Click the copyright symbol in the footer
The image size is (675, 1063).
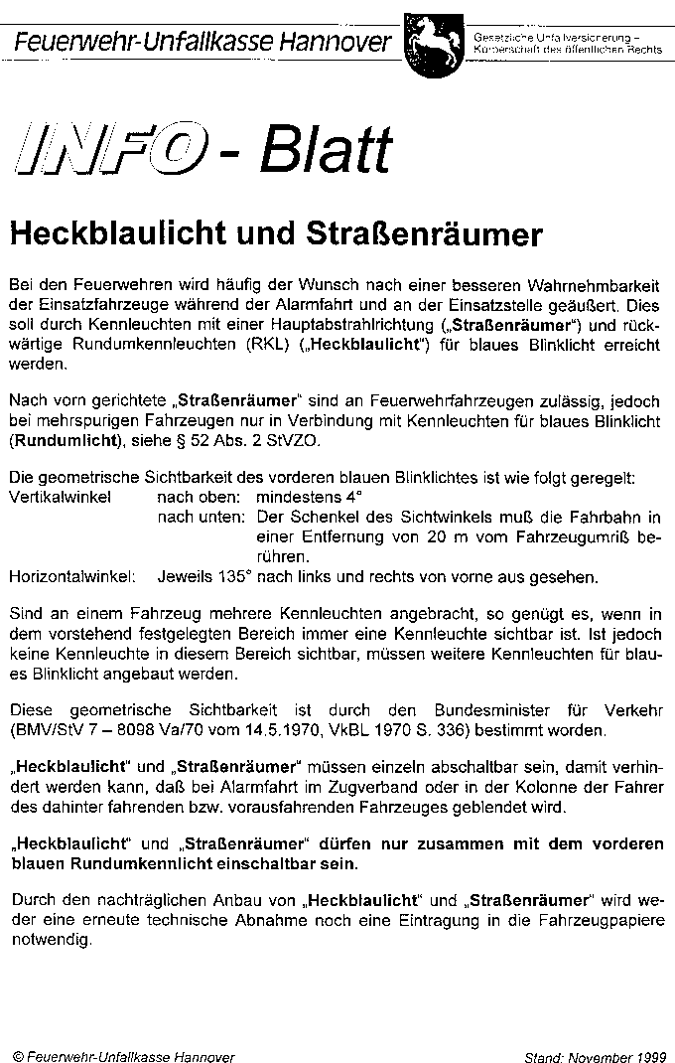point(18,1055)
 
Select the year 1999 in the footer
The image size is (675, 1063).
point(650,1055)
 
